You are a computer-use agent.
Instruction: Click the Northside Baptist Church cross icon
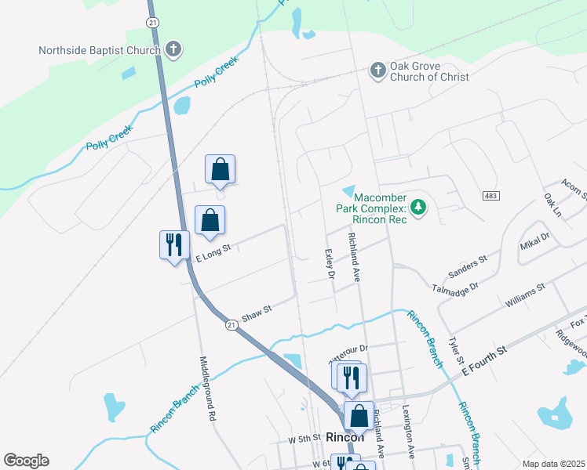click(x=173, y=50)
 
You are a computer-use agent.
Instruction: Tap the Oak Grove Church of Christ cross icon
click(x=378, y=71)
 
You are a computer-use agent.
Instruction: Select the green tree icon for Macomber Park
click(x=420, y=207)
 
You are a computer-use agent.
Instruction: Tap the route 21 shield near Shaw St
click(x=231, y=324)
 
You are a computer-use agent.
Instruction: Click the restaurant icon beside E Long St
click(x=173, y=244)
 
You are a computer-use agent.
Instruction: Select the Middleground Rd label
click(x=206, y=389)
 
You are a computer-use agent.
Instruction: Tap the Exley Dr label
click(x=330, y=264)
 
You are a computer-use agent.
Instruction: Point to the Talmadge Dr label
click(x=455, y=289)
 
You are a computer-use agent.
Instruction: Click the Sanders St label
click(x=468, y=266)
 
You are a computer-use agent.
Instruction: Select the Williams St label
click(x=525, y=295)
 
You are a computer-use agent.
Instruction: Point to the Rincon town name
click(x=345, y=437)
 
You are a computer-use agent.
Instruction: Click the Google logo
click(x=26, y=461)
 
